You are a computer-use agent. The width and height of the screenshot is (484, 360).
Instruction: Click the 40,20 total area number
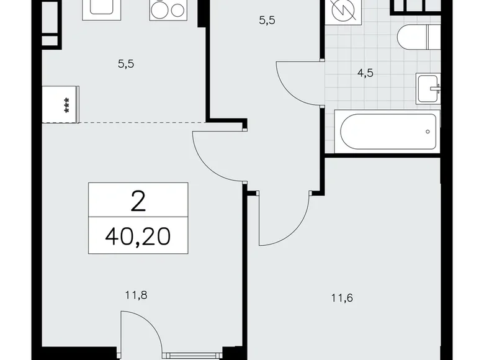137,236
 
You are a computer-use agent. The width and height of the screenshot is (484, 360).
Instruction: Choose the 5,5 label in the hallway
266,20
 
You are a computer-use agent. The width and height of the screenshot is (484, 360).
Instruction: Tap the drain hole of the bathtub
428,131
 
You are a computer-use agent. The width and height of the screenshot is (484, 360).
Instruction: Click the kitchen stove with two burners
167,10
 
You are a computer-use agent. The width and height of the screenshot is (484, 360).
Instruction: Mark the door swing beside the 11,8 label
140,329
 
